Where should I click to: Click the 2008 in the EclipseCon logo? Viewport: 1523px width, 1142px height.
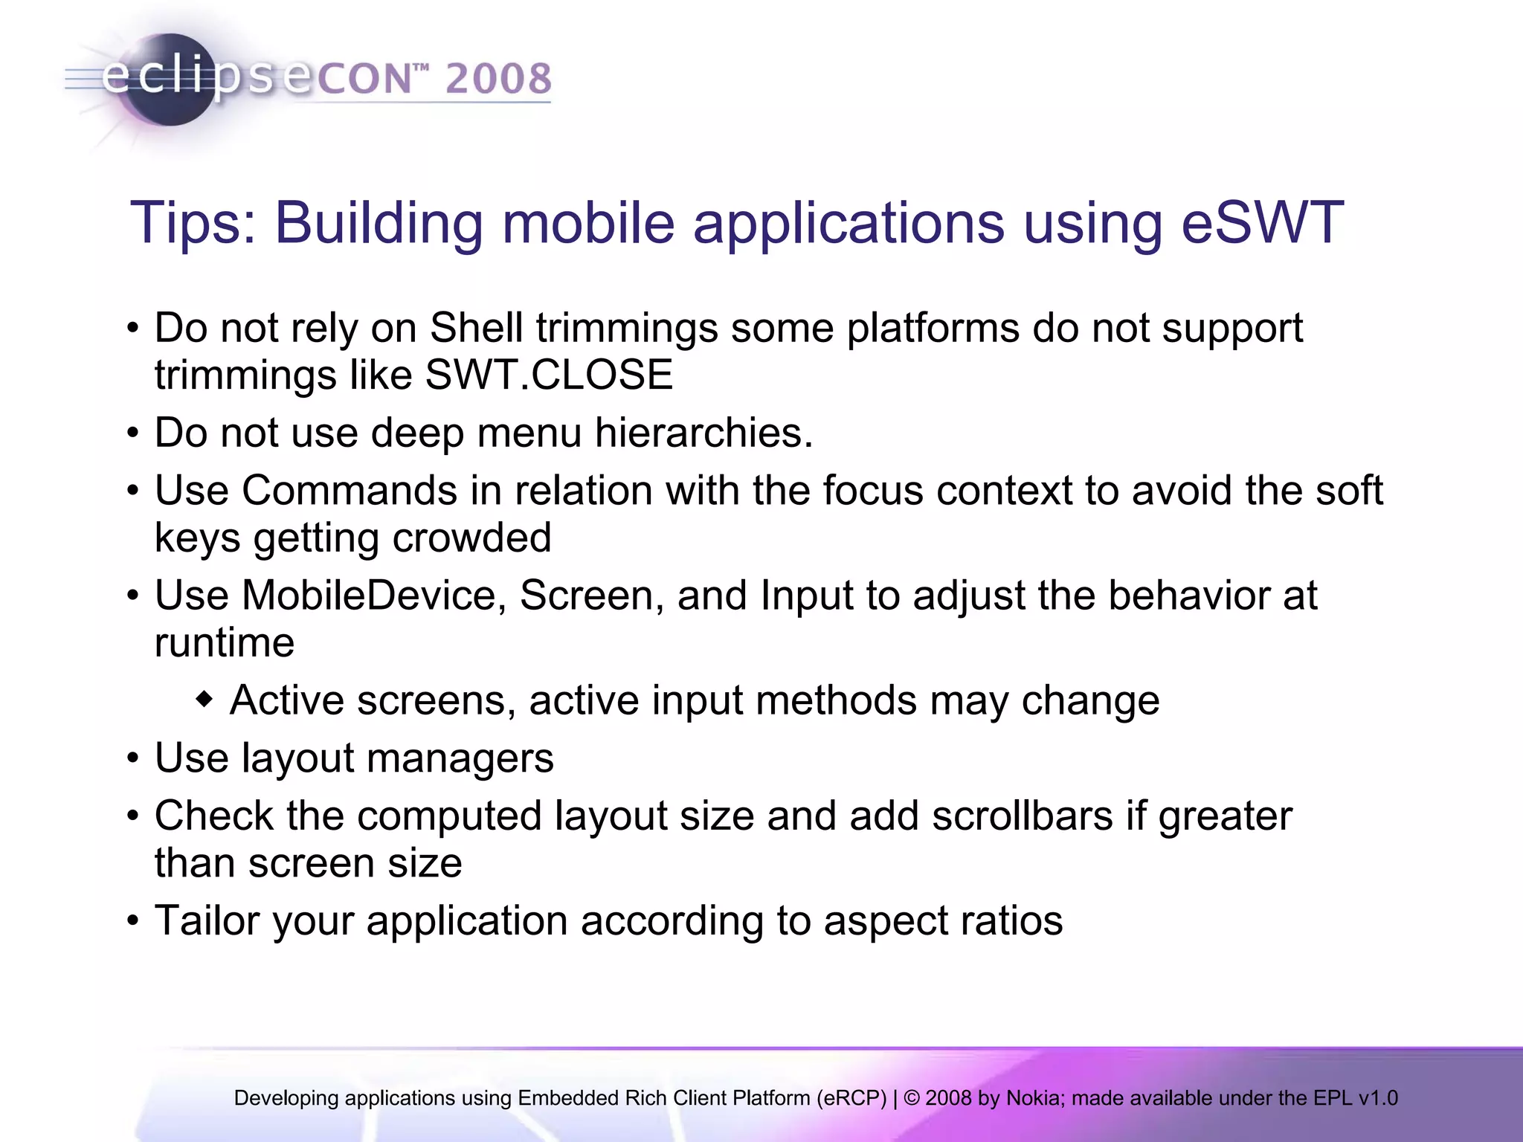(498, 79)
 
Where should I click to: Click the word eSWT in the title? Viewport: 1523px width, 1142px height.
(1262, 222)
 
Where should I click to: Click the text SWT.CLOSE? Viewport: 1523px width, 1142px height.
(549, 375)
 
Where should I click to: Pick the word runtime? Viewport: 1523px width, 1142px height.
(225, 642)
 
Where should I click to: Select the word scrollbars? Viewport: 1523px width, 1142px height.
(1023, 816)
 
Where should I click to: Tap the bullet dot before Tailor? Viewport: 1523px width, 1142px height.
(133, 922)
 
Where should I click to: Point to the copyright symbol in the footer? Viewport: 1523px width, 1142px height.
(912, 1098)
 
